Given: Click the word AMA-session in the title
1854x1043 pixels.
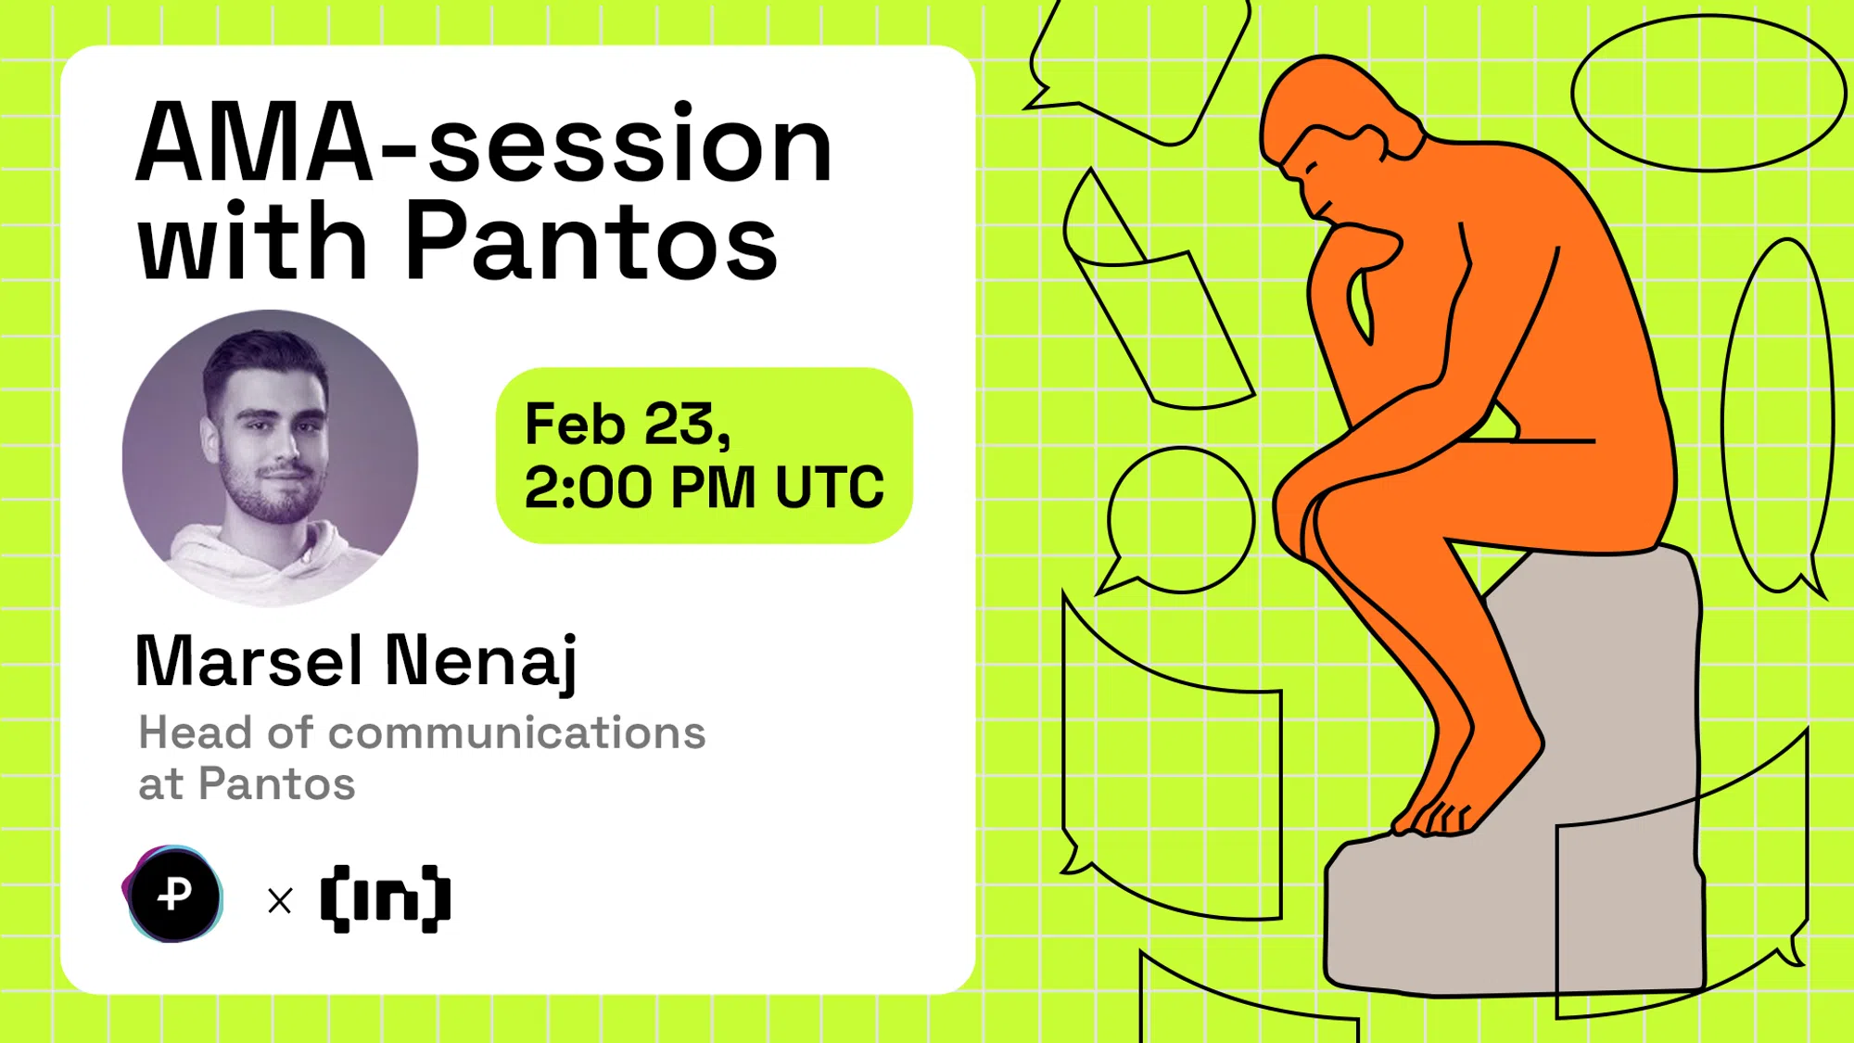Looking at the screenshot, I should [484, 144].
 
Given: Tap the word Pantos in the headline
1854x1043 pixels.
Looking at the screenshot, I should [591, 243].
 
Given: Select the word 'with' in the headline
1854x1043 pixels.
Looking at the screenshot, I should [252, 243].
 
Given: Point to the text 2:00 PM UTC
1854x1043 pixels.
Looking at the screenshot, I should [704, 487].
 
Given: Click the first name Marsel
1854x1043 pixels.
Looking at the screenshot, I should [248, 661].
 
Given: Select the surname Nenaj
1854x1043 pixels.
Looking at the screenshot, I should [481, 661].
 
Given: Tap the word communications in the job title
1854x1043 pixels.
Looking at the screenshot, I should [516, 733].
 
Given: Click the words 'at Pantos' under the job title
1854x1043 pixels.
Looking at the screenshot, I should [247, 784].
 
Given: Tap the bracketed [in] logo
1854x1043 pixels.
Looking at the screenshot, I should [386, 898].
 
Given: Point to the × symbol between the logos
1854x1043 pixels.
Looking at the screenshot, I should [280, 900].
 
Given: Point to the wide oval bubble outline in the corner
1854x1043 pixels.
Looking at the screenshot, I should [1708, 93].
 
